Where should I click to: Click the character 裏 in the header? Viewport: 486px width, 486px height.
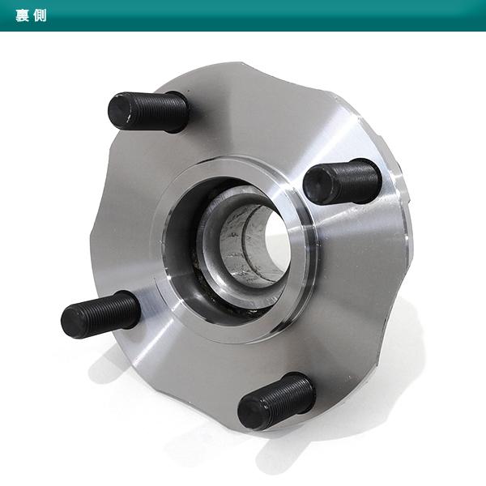(23, 15)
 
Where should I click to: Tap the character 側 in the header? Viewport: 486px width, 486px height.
(40, 15)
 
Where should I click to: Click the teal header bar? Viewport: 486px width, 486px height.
(243, 15)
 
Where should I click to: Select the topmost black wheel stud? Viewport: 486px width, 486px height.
(148, 111)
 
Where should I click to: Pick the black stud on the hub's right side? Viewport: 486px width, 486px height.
(342, 181)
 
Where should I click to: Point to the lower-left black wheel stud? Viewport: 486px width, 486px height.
(100, 315)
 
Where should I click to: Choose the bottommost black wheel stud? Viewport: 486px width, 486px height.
(276, 402)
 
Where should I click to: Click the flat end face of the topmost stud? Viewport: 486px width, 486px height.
(120, 111)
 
